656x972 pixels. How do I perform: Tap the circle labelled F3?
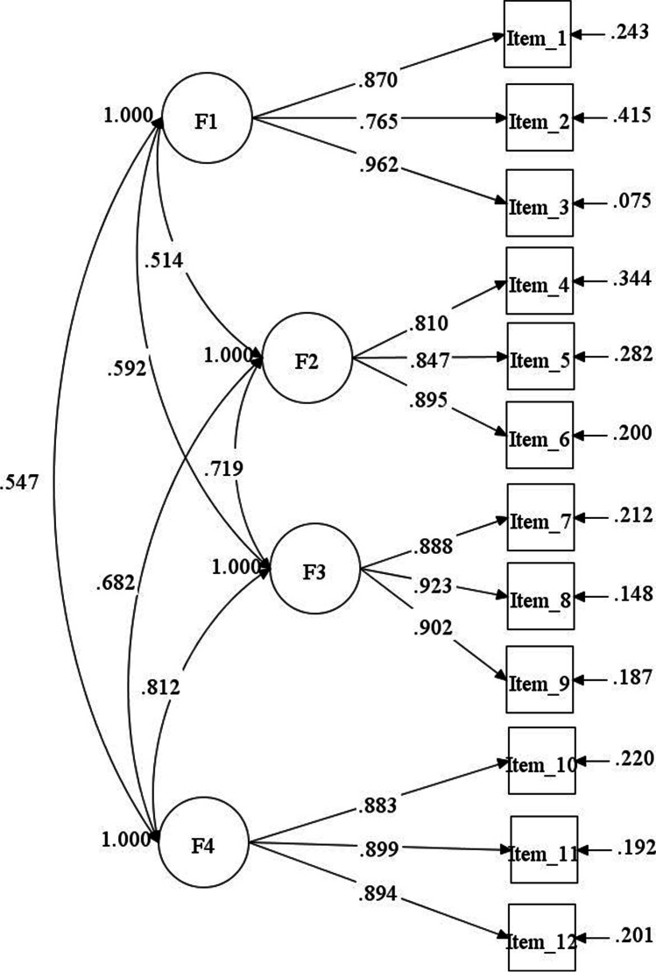tap(315, 572)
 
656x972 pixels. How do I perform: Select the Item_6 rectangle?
tap(540, 437)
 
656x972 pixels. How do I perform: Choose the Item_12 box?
tap(542, 941)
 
